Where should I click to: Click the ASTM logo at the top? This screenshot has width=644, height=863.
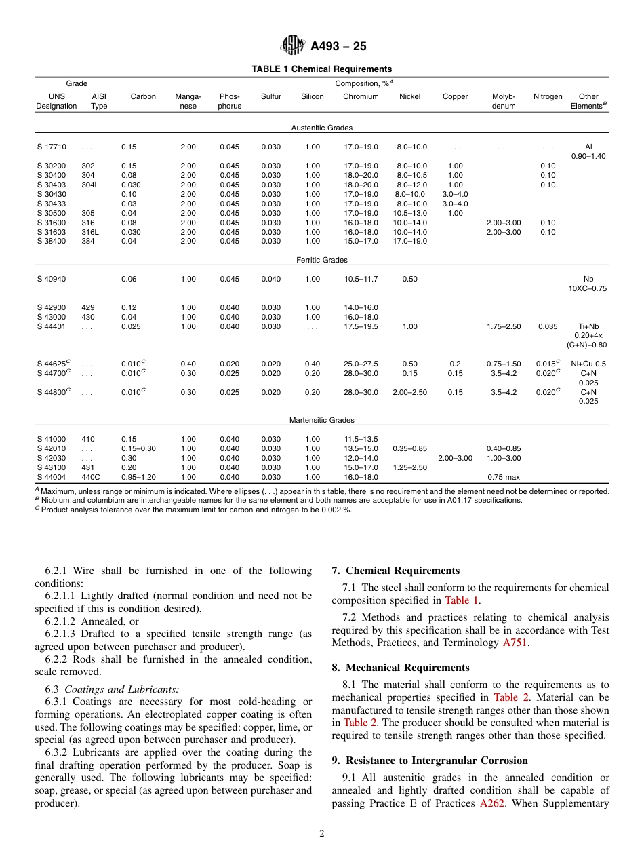pos(293,45)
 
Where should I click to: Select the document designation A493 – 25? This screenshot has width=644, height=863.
pos(338,46)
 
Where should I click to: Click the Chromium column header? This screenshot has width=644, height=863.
pos(361,96)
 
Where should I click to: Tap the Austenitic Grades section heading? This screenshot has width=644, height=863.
pos(322,128)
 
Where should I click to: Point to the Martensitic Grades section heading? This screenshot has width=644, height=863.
pos(322,420)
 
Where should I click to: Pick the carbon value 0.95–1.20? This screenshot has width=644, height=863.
pos(138,477)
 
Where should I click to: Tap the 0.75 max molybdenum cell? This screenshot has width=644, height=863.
pos(504,477)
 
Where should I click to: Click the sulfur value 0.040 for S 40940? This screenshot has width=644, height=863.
pos(271,279)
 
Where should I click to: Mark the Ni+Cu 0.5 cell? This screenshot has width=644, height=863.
pos(588,364)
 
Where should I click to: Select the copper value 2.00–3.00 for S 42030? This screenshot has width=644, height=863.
pos(455,458)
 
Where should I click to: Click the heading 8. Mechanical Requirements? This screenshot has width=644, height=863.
pos(400,668)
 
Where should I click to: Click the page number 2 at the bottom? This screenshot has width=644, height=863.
pos(322,834)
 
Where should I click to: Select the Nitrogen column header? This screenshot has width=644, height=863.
pos(548,96)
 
